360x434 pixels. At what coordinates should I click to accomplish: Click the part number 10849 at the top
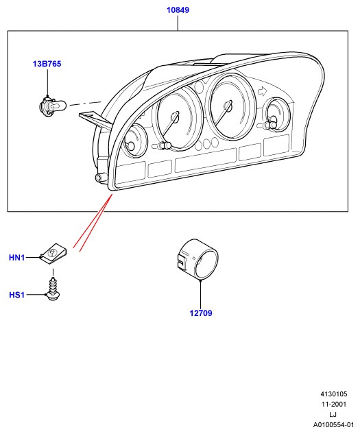178,10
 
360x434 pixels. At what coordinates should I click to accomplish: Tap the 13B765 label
47,64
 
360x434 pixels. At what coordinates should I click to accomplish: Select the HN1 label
17,258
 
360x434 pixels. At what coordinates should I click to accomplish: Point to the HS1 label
17,295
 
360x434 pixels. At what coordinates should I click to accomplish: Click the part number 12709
201,313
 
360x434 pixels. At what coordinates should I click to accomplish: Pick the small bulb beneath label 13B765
52,106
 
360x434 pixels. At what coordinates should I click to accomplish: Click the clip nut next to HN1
53,254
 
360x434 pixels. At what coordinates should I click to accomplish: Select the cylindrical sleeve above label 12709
197,259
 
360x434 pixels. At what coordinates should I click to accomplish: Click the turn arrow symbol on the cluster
261,91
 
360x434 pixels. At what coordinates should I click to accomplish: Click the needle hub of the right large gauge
228,106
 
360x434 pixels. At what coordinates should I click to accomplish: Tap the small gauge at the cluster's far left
135,141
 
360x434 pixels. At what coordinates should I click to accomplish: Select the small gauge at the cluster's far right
278,114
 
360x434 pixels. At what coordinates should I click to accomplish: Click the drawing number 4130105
334,394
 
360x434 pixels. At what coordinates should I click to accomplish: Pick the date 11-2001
334,404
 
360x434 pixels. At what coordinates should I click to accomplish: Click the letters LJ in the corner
333,414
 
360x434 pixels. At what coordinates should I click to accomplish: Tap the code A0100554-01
334,425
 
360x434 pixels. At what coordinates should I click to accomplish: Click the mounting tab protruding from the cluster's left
95,119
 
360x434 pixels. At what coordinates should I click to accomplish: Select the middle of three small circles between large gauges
206,143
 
